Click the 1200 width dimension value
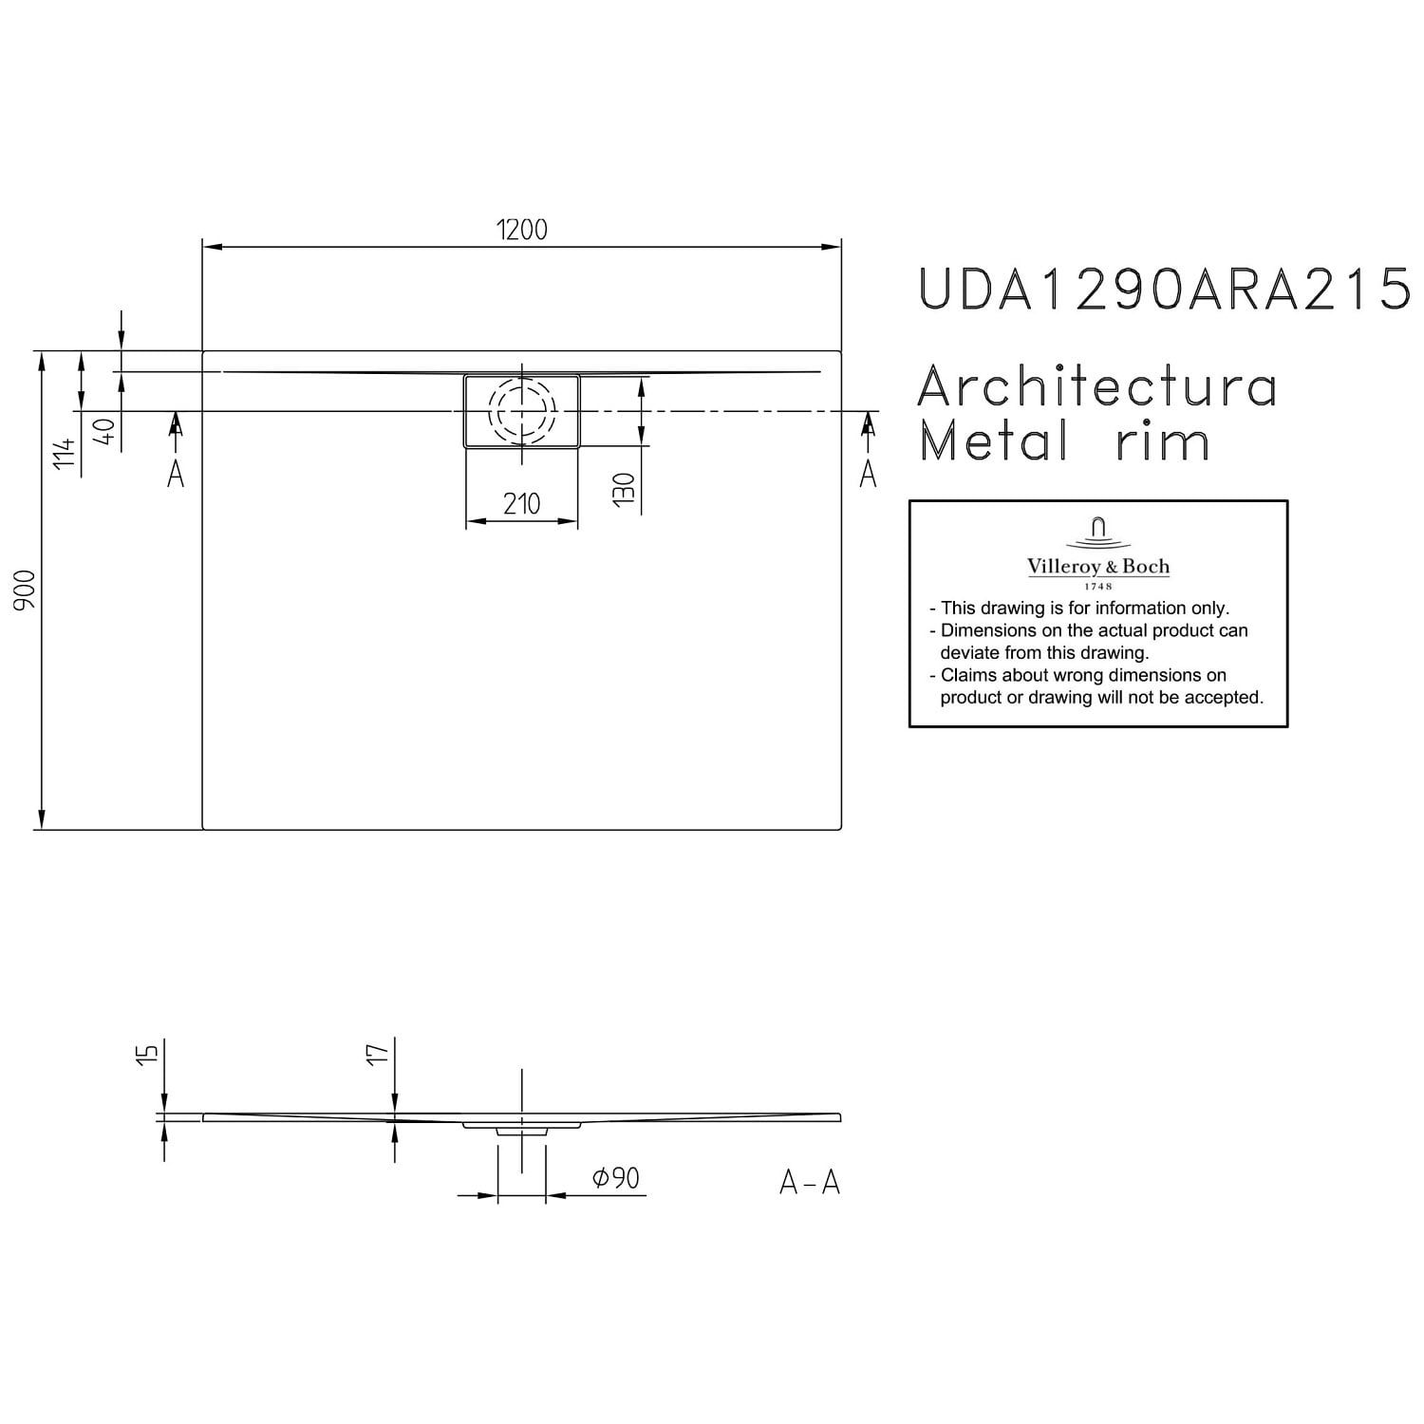pos(522,230)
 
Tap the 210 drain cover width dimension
pos(522,503)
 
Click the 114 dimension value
pos(64,454)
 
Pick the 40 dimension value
pos(106,431)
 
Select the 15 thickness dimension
pos(145,1053)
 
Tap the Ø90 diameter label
pos(616,1178)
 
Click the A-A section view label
pos(810,1182)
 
